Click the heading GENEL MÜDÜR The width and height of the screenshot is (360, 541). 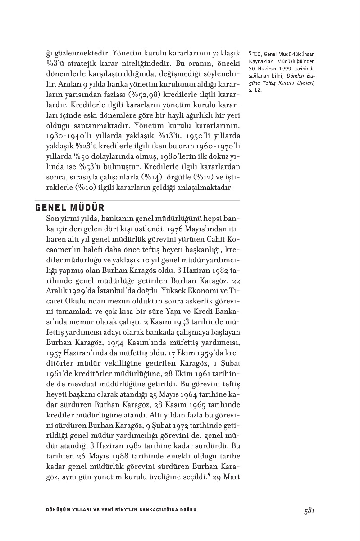pos(69,207)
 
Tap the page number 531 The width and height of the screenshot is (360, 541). pos(309,510)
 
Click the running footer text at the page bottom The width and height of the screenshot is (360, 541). pos(118,510)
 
